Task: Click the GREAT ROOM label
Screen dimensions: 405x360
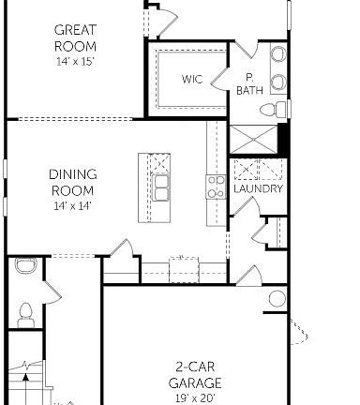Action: pyautogui.click(x=75, y=38)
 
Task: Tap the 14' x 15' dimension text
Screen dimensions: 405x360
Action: pyautogui.click(x=75, y=62)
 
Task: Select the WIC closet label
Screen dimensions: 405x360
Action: pyautogui.click(x=191, y=80)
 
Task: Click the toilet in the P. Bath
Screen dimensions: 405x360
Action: pyautogui.click(x=269, y=111)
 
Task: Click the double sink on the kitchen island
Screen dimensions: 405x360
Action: pyautogui.click(x=161, y=187)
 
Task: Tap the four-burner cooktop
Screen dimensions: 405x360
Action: pyautogui.click(x=216, y=186)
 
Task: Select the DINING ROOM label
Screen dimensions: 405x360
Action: pyautogui.click(x=72, y=182)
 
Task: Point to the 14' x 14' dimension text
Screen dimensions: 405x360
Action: pyautogui.click(x=72, y=204)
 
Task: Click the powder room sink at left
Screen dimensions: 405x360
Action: pyautogui.click(x=24, y=266)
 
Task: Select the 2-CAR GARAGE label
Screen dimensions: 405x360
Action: pyautogui.click(x=195, y=375)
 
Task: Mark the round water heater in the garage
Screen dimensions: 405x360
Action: pyautogui.click(x=277, y=299)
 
